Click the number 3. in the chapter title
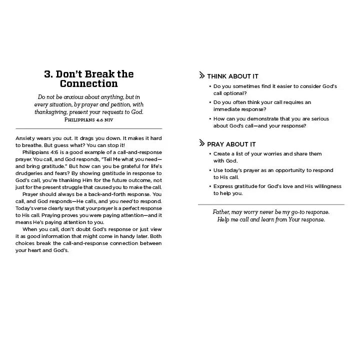tap(49, 74)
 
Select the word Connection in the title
tap(88, 84)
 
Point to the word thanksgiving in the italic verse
tap(51, 112)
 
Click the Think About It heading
tap(232, 76)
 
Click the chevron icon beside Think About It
tap(201, 76)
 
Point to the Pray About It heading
tap(231, 144)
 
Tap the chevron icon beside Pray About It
tap(201, 144)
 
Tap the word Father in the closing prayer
tap(223, 212)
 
